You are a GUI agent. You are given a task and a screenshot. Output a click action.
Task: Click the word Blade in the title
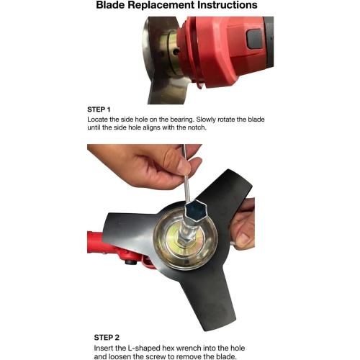pyautogui.click(x=110, y=5)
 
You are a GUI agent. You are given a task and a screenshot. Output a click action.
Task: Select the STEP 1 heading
pyautogui.click(x=99, y=109)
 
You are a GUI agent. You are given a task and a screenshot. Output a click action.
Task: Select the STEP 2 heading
pyautogui.click(x=107, y=338)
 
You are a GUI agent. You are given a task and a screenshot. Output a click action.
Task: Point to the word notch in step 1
pyautogui.click(x=197, y=127)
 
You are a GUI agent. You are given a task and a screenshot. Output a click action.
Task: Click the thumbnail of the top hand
pyautogui.click(x=184, y=166)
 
